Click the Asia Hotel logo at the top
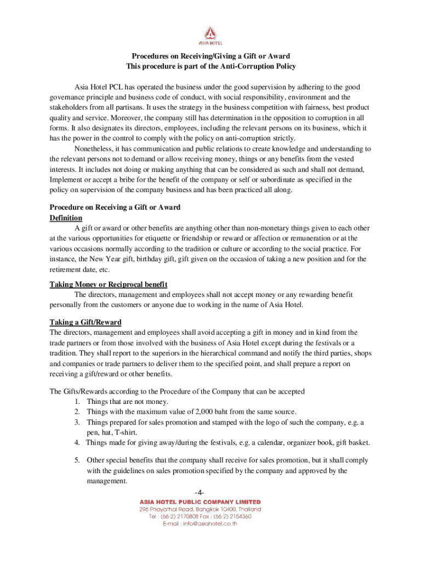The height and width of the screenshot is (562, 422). pyautogui.click(x=210, y=35)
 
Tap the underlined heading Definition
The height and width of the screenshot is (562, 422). pyautogui.click(x=66, y=218)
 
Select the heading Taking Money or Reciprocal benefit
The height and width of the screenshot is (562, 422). pyautogui.click(x=109, y=284)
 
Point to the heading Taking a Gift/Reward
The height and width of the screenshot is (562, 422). pyautogui.click(x=85, y=322)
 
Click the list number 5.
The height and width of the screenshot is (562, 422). pyautogui.click(x=78, y=460)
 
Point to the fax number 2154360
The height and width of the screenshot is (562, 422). pyautogui.click(x=238, y=516)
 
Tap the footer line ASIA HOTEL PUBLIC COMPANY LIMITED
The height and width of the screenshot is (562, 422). pyautogui.click(x=201, y=502)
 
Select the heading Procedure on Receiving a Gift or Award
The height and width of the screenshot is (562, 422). pyautogui.click(x=115, y=207)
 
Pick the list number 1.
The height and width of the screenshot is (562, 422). pyautogui.click(x=78, y=401)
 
